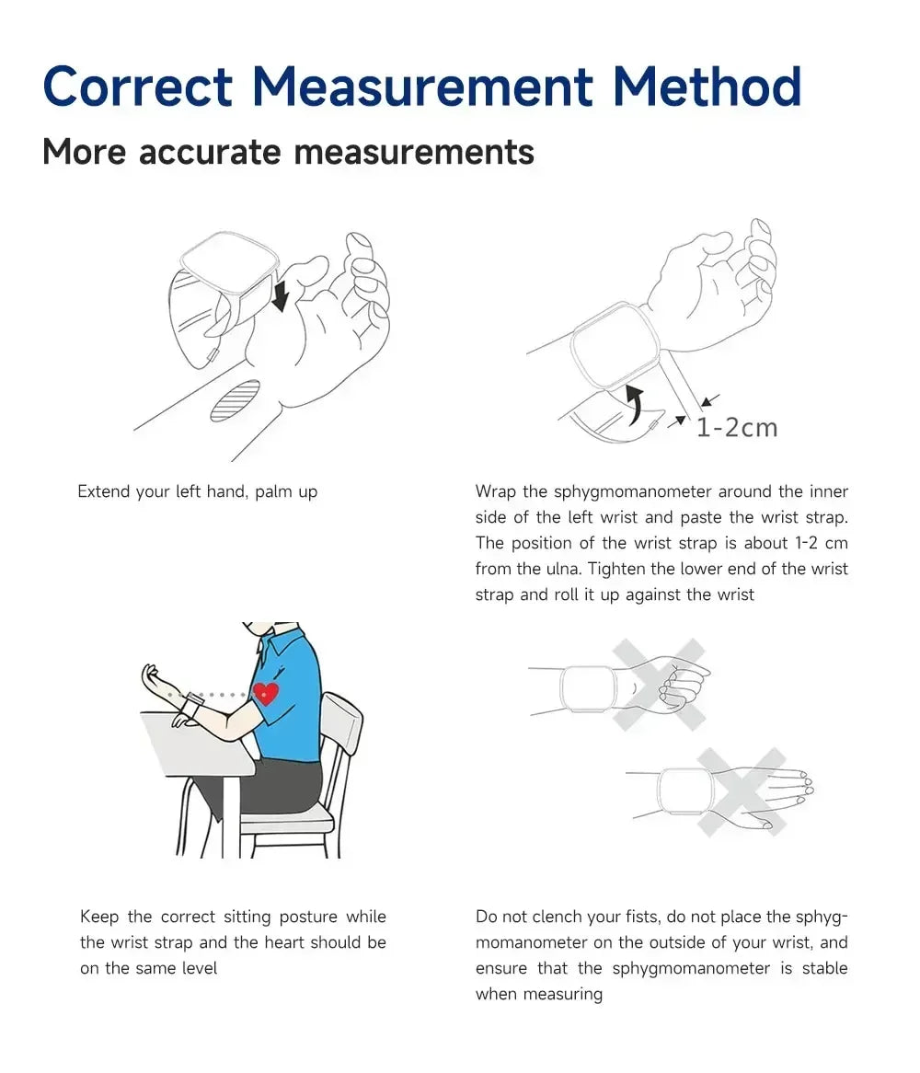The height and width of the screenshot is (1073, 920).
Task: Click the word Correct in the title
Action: (138, 87)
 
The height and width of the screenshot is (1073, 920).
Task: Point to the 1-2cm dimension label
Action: (736, 428)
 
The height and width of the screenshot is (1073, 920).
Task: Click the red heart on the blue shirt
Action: (266, 694)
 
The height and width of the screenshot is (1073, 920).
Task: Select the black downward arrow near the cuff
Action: (281, 295)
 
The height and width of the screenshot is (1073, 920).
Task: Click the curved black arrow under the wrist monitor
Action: (633, 404)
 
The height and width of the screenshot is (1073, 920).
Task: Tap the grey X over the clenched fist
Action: (660, 685)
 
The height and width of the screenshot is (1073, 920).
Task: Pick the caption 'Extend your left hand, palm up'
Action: (197, 491)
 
